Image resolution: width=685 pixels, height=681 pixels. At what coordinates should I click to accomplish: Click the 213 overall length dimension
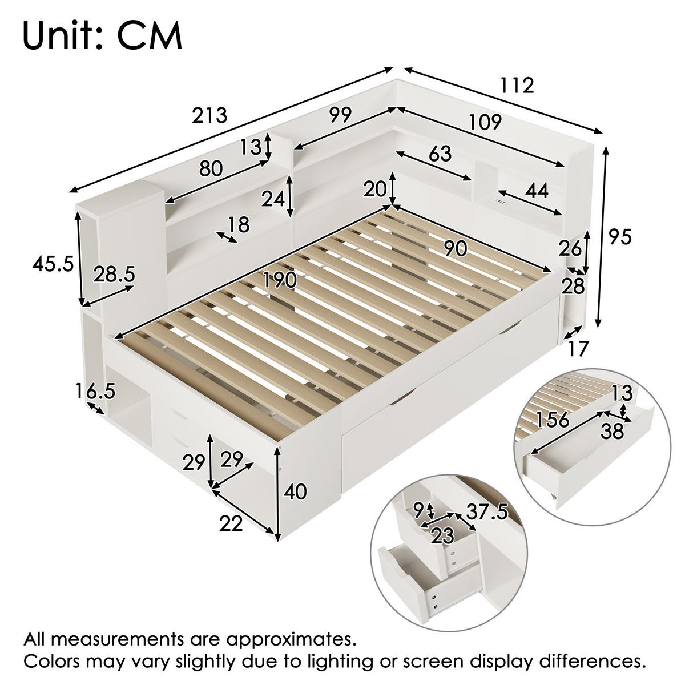tap(209, 115)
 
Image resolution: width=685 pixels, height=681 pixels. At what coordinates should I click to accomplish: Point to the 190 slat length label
tap(280, 280)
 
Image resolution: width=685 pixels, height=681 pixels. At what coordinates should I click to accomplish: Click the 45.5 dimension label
tap(53, 264)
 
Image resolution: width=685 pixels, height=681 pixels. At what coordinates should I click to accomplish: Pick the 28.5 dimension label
tap(115, 275)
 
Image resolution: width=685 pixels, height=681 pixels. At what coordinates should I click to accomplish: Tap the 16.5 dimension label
tap(95, 391)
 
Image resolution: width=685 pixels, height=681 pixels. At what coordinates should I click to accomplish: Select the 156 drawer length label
tap(553, 420)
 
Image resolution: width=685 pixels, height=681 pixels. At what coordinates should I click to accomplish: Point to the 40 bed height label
tap(295, 492)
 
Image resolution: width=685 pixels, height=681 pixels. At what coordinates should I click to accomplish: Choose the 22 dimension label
tap(231, 523)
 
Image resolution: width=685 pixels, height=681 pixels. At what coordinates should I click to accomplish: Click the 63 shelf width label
tap(440, 154)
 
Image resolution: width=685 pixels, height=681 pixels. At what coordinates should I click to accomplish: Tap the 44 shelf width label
tap(537, 191)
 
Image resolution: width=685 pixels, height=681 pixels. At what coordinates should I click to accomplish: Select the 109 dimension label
tap(485, 122)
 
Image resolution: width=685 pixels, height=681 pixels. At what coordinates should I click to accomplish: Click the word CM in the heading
tap(150, 37)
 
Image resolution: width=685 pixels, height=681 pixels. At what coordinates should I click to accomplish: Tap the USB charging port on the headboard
tap(501, 202)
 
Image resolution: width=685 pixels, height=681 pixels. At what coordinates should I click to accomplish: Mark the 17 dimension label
tap(577, 348)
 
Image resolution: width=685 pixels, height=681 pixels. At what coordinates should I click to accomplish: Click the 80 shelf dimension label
tap(211, 168)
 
